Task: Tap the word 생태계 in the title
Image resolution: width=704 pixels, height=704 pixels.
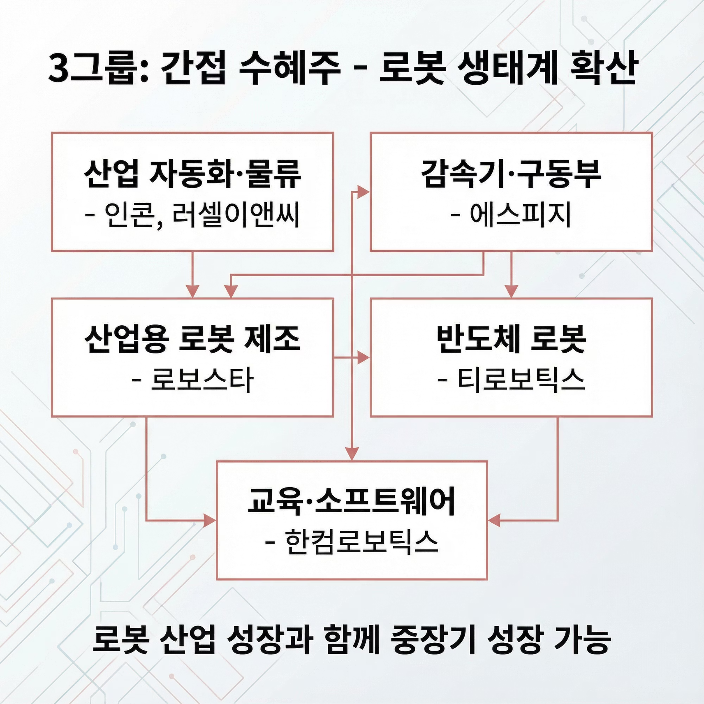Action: point(507,69)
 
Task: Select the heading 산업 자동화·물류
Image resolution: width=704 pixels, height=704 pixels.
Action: point(192,174)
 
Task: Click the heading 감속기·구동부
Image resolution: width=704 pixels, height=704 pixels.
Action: point(511,174)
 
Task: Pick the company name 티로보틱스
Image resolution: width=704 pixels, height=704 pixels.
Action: point(521,380)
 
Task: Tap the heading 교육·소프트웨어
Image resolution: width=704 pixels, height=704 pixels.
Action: point(352,501)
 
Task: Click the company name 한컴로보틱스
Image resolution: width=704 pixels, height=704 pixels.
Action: point(361,543)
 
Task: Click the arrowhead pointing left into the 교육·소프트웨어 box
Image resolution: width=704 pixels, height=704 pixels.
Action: point(494,521)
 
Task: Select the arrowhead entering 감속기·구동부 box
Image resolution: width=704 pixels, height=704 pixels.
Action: point(363,192)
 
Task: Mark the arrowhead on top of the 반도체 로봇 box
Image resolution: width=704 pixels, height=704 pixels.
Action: point(511,292)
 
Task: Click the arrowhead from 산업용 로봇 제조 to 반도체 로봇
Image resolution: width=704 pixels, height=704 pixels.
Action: point(363,358)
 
